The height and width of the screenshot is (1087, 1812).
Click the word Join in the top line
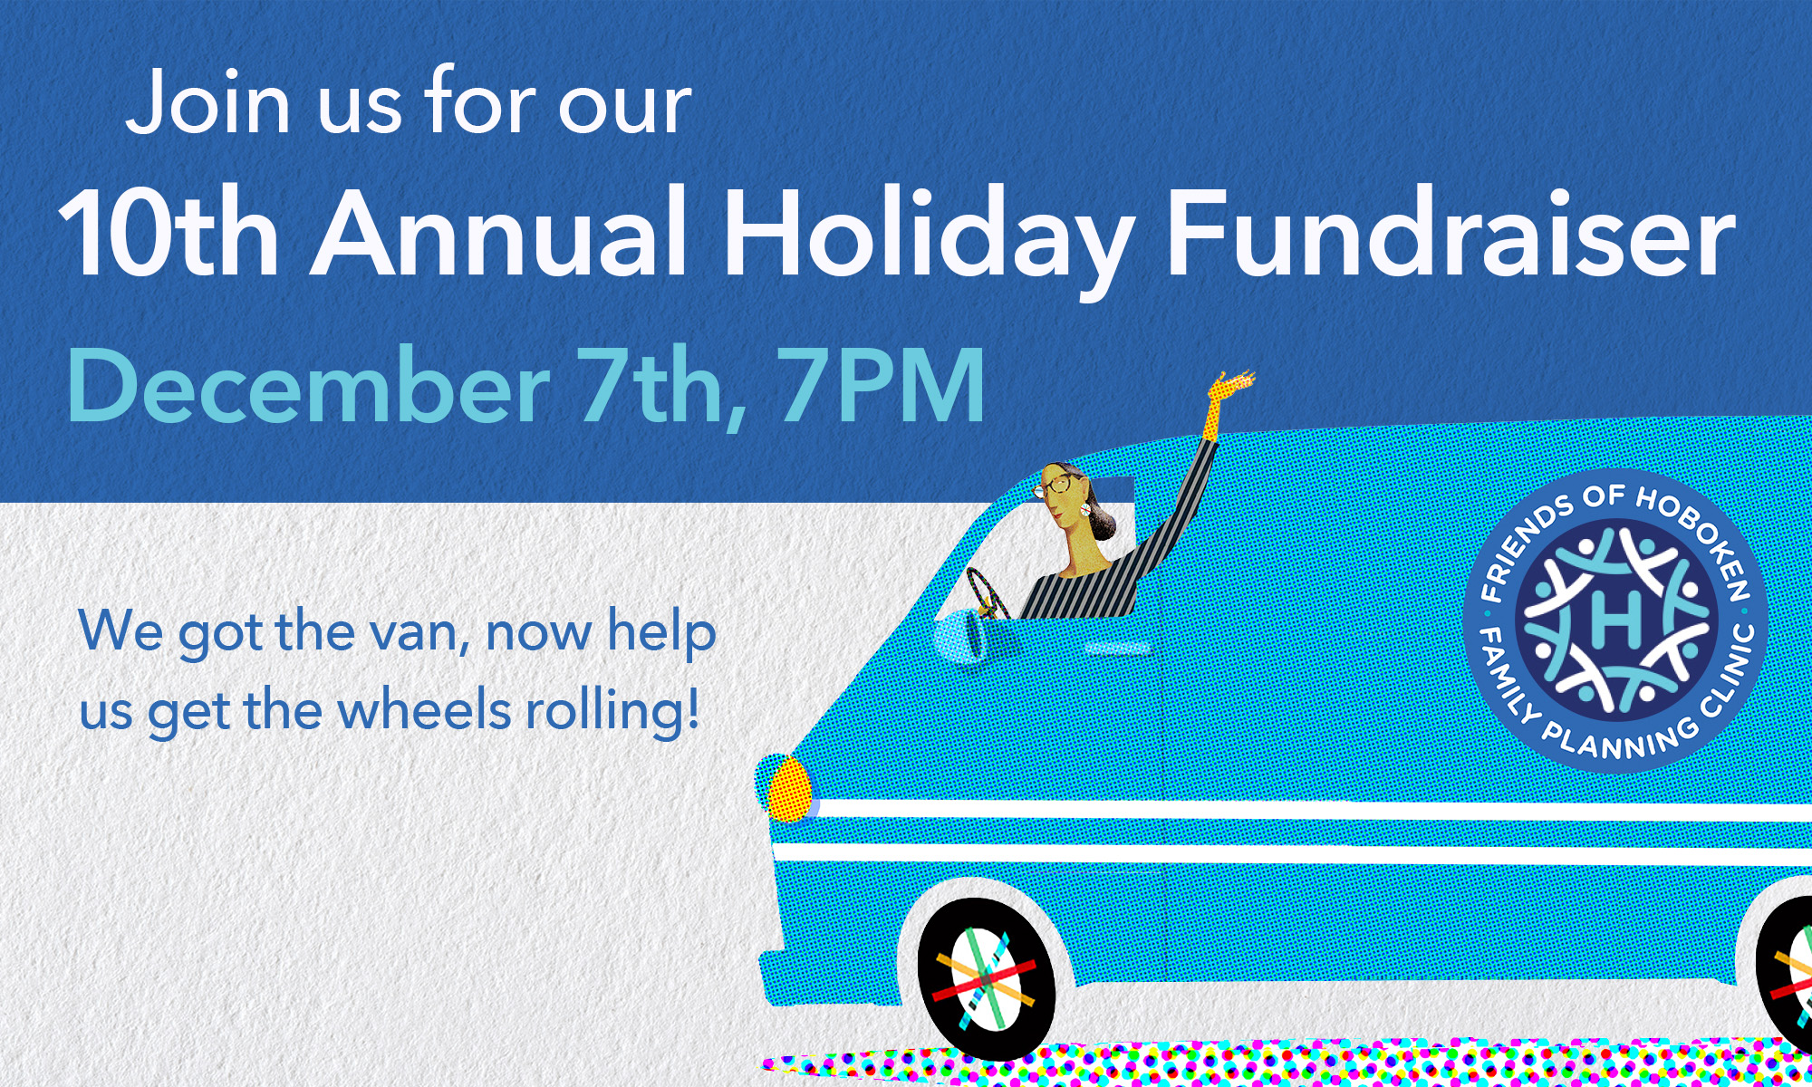208,101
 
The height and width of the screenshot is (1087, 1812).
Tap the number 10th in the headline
169,233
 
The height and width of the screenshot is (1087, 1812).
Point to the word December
308,385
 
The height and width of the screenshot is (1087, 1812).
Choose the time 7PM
882,385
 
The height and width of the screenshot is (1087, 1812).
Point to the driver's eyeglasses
1053,486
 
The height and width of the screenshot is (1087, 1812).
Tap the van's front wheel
987,978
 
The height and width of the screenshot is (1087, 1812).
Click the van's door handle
1118,649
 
